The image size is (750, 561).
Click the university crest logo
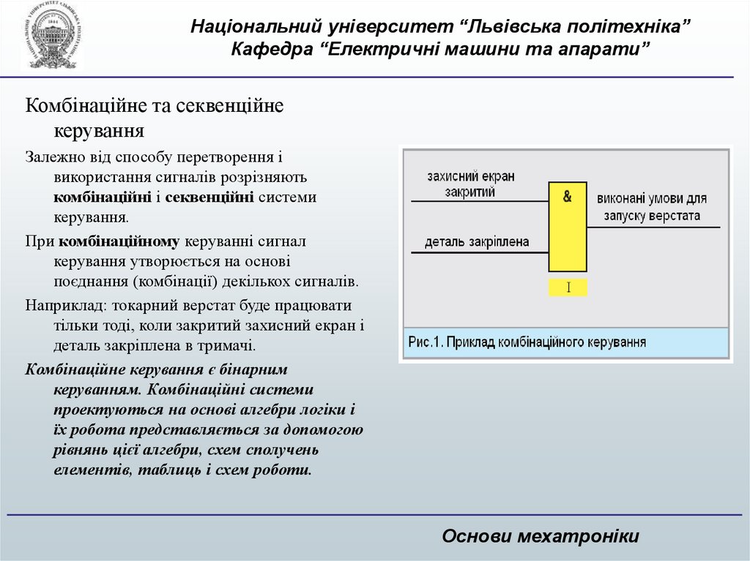coord(51,36)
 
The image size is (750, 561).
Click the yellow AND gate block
coord(568,227)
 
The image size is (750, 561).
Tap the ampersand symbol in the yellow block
coord(568,196)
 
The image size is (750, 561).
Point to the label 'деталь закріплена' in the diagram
coord(476,241)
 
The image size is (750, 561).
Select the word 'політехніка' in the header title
coord(626,27)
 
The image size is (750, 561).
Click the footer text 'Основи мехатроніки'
coord(541,536)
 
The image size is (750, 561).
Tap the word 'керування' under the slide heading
coord(98,132)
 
